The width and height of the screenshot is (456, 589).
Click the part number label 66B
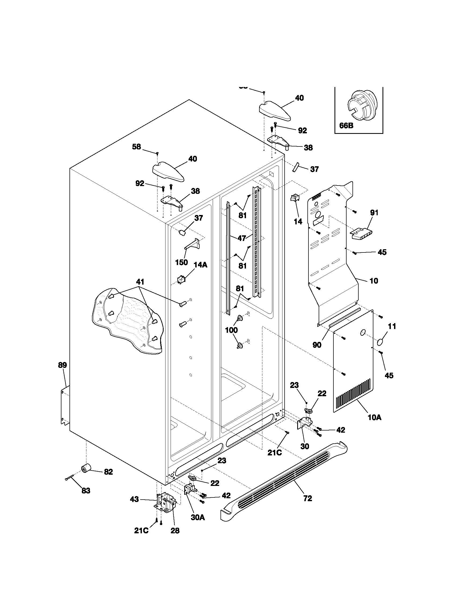tap(346, 126)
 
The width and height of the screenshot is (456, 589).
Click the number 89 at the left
tap(62, 365)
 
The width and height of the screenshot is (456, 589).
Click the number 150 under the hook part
tap(182, 262)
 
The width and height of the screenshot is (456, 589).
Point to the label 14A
tap(200, 265)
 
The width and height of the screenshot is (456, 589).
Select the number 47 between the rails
tap(242, 238)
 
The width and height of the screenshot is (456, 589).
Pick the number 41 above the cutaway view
tap(140, 282)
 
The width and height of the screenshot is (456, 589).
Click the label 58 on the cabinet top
tap(137, 147)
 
